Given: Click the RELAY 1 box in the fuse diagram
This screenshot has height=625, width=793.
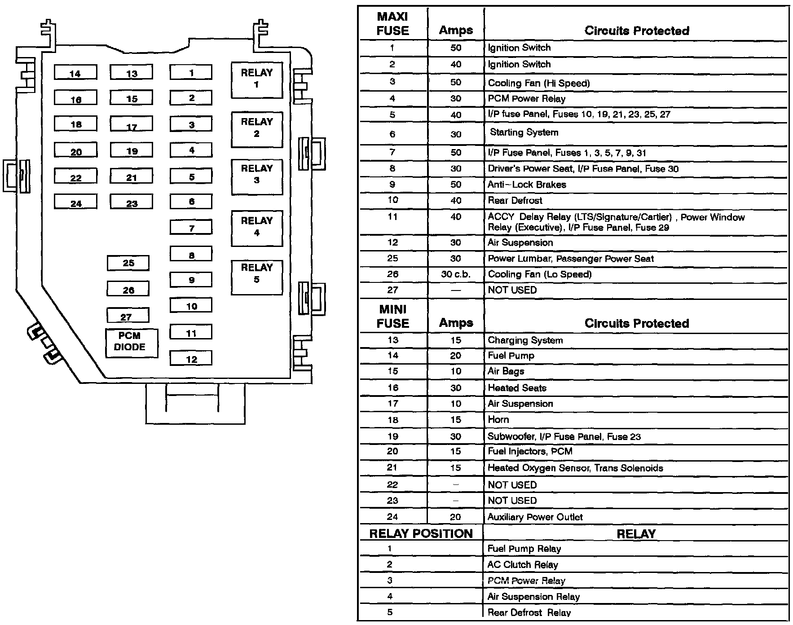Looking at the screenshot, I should (256, 79).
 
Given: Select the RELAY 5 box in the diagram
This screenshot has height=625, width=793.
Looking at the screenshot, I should (256, 277).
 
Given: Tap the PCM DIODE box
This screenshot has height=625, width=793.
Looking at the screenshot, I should (131, 343).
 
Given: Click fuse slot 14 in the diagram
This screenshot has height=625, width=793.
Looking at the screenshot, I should (75, 72).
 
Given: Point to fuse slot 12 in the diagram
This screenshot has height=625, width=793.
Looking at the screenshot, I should (191, 358).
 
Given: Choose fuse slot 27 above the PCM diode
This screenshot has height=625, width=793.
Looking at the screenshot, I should (128, 315).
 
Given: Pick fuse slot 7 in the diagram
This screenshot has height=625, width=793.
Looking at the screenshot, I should (191, 227).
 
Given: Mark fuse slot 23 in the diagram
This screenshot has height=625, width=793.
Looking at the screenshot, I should (131, 202).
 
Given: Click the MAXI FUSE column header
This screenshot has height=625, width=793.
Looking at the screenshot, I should (393, 24).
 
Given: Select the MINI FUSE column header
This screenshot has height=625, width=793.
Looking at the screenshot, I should (393, 316).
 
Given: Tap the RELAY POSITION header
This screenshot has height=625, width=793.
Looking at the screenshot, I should (421, 533).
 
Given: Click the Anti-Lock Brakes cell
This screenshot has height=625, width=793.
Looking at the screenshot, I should (527, 185).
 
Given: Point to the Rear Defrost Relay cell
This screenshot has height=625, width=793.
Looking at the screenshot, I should (529, 612).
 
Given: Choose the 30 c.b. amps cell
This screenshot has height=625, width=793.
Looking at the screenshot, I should (456, 274).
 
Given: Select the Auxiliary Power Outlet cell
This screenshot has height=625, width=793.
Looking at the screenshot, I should (535, 517).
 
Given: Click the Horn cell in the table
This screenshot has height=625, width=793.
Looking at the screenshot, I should (498, 420).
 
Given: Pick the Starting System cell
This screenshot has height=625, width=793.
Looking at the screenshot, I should (524, 132).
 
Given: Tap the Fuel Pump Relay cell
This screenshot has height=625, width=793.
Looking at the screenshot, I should (524, 549).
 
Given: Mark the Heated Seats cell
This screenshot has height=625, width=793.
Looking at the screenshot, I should (517, 388).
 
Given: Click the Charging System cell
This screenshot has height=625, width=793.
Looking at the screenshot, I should (525, 340).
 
